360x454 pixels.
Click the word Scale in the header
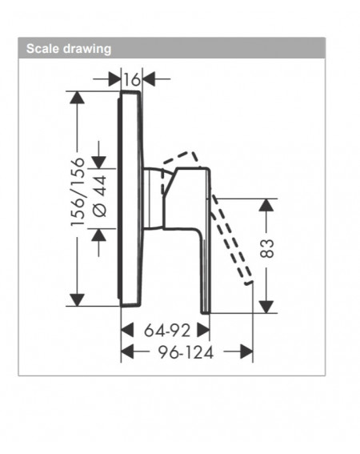tap(42, 48)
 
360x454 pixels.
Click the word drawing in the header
tap(87, 49)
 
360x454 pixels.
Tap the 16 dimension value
tap(132, 79)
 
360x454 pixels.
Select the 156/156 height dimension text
tap(78, 192)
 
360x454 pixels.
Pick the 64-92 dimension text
tap(167, 331)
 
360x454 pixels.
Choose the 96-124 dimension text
tap(186, 352)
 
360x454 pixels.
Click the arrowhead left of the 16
tap(115, 78)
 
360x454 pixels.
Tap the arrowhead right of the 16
tap(149, 78)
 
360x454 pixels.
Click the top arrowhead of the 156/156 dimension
tap(78, 98)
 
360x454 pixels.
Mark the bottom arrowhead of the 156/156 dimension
tap(78, 300)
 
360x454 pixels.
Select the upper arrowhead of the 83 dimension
tap(266, 205)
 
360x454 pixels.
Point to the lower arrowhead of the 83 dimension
tap(266, 307)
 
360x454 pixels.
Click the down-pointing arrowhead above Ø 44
tap(98, 162)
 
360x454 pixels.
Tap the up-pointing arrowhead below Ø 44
tap(98, 235)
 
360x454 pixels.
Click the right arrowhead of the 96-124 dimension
tap(246, 352)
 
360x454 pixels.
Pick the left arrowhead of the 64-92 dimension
tap(127, 330)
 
